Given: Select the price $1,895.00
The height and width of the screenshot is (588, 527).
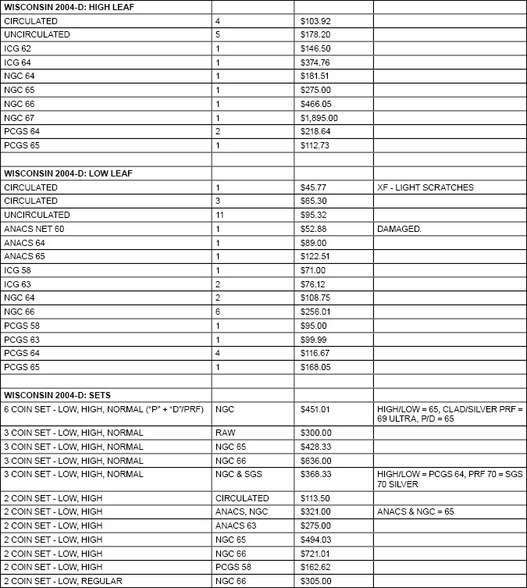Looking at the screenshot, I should (x=319, y=118).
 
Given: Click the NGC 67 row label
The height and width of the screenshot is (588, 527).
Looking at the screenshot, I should (x=20, y=118).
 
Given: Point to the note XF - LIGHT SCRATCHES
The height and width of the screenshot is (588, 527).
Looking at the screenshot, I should (x=425, y=187).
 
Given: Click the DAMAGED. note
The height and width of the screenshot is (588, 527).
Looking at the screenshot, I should (x=398, y=228).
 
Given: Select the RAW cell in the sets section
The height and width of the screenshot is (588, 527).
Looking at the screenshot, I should (x=225, y=433).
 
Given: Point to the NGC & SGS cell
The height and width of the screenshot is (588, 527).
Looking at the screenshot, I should (x=237, y=474).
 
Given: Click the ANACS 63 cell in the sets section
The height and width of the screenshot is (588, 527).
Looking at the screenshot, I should (x=235, y=526).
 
